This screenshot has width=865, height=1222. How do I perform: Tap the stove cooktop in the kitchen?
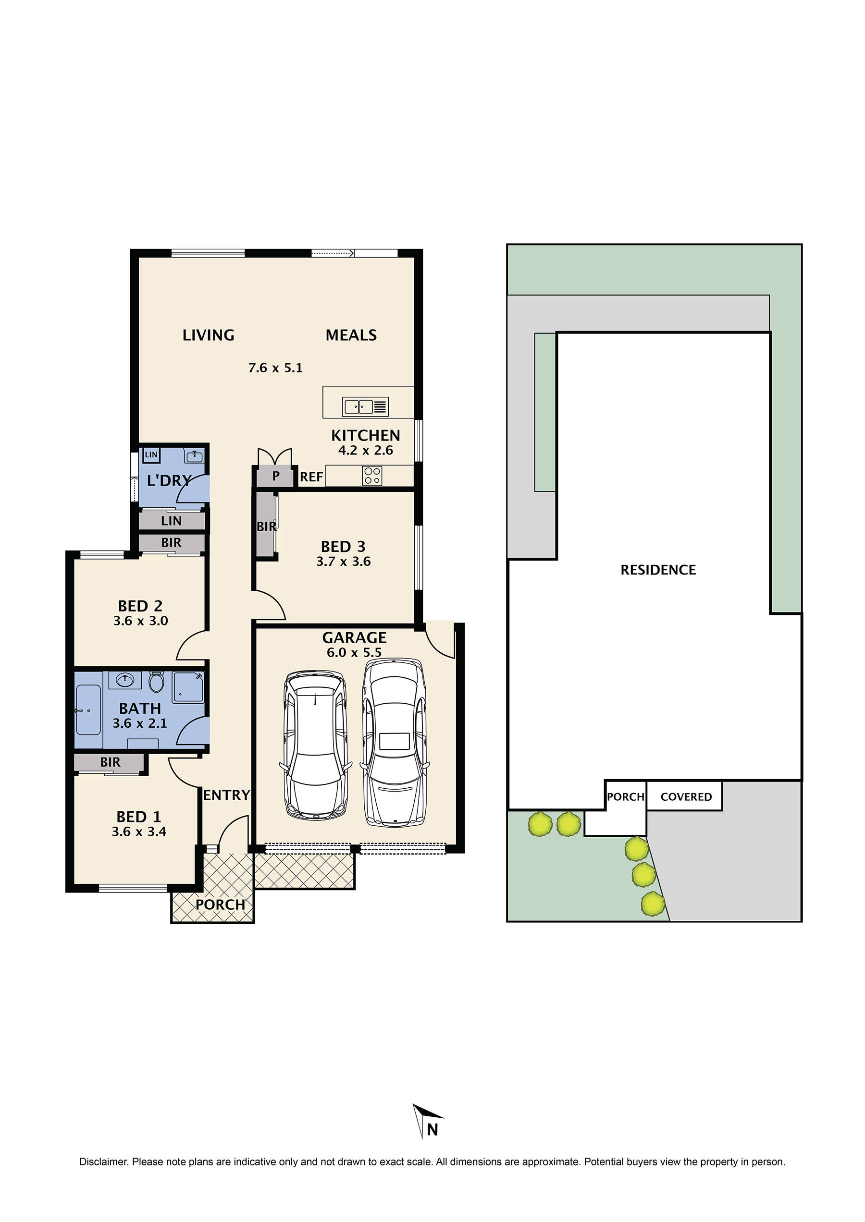pos(372,476)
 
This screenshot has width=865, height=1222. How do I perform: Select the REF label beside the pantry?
pos(311,477)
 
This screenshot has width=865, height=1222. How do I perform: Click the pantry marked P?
pos(275,476)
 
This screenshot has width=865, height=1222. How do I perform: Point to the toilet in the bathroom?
pos(156,682)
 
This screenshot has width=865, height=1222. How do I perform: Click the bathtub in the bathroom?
pos(88,710)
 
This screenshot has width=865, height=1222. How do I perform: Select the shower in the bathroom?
pos(188,687)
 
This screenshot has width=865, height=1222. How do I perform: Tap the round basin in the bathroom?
pos(125,680)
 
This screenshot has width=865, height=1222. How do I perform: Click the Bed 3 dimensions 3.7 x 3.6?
pos(344,561)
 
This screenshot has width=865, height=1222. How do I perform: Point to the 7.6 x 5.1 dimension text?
pos(275,368)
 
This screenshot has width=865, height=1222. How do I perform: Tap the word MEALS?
pos(351,335)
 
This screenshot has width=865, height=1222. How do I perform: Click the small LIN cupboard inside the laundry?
pos(151,454)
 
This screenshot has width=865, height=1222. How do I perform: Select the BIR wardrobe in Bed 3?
pos(265,526)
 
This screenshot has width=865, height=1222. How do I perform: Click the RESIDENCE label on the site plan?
pos(658,570)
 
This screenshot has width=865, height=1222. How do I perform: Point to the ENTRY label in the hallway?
pos(226,795)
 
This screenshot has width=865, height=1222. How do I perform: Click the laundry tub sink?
pos(195,456)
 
